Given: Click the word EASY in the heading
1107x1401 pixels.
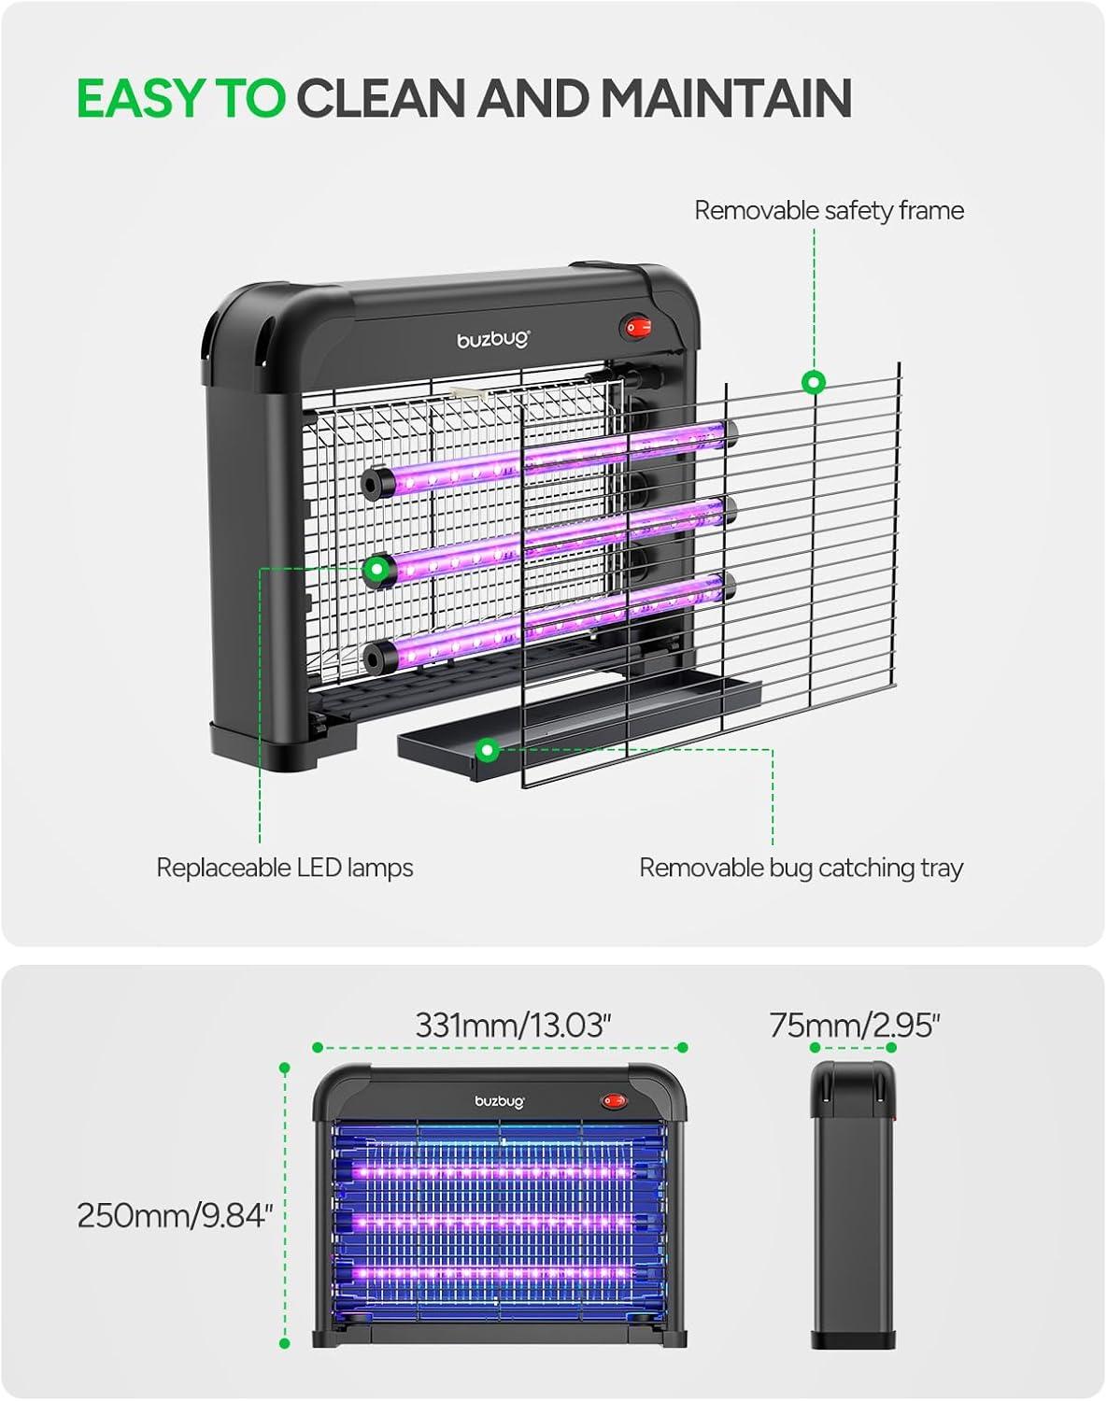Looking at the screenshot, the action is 142,98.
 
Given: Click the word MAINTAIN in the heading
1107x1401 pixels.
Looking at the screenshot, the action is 726,98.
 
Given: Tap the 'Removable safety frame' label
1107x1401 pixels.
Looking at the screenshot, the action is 829,211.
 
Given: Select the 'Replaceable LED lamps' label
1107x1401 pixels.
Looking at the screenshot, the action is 285,868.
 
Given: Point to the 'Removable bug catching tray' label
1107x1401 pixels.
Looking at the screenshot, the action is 801,869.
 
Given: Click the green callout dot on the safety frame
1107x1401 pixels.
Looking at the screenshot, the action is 814,382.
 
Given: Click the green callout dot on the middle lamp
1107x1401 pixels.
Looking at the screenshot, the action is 376,569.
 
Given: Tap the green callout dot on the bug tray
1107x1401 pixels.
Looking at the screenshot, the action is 487,750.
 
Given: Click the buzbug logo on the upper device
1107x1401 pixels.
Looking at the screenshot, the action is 493,340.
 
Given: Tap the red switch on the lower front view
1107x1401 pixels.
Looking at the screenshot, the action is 614,1101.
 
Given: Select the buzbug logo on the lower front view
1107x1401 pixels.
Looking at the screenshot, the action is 500,1101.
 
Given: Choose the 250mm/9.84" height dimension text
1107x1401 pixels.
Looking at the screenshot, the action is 175,1215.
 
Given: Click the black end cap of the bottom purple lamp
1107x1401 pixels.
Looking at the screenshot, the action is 376,658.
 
